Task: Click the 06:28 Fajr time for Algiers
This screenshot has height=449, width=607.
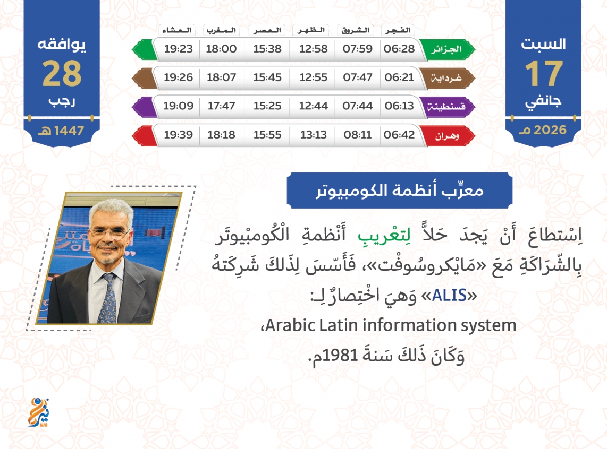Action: click(x=399, y=49)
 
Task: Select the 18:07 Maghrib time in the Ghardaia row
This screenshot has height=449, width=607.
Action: click(x=222, y=77)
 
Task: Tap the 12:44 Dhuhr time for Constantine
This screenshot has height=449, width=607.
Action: click(x=313, y=106)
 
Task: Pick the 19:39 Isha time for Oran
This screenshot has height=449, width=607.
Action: click(x=178, y=134)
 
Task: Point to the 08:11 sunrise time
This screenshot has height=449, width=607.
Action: click(x=357, y=134)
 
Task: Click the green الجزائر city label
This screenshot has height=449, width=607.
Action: click(x=446, y=49)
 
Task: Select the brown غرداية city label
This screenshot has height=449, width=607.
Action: click(x=446, y=78)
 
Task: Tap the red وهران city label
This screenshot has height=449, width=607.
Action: click(x=446, y=136)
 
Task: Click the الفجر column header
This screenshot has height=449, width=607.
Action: click(x=398, y=30)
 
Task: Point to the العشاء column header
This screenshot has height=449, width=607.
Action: click(x=177, y=30)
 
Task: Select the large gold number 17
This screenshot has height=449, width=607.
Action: click(x=543, y=73)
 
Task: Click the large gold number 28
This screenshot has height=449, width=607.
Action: click(x=62, y=73)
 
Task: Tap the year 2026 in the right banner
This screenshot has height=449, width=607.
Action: click(x=550, y=130)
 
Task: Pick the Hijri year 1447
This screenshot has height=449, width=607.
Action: click(x=69, y=131)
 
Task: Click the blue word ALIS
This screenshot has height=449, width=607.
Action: click(x=449, y=296)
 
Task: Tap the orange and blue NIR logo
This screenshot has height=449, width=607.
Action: click(x=39, y=412)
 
